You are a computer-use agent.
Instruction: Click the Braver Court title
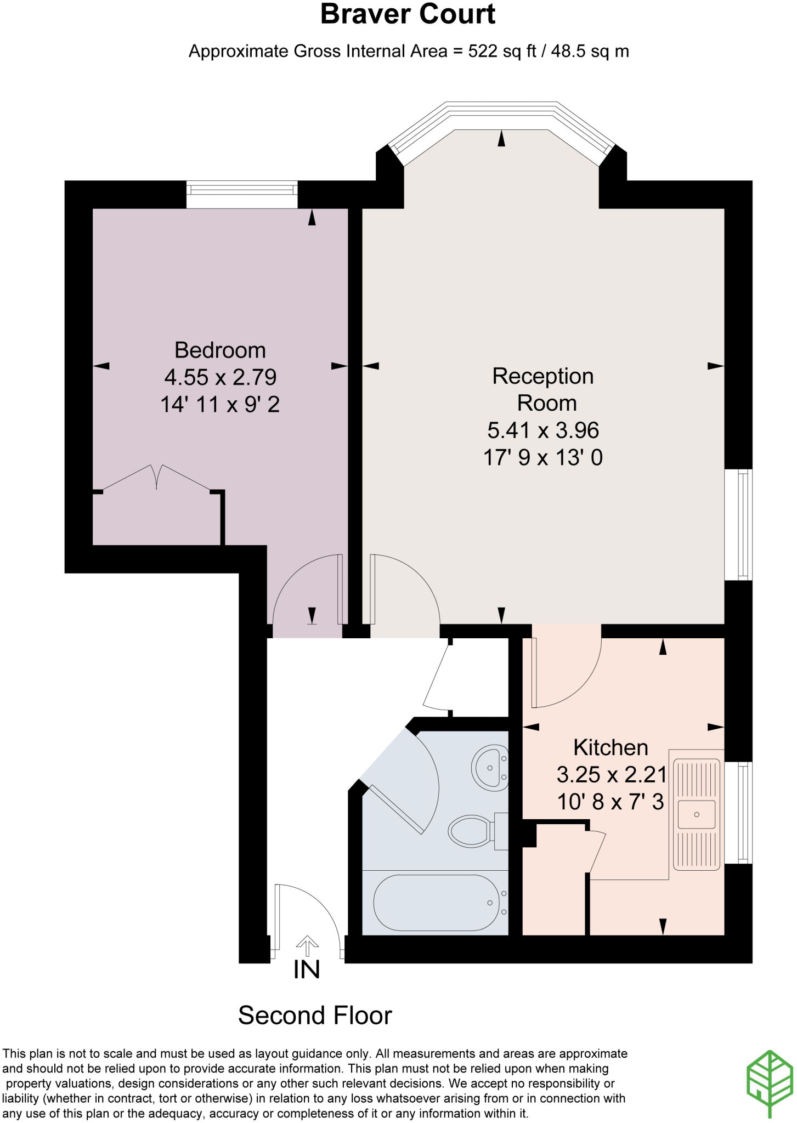tap(408, 15)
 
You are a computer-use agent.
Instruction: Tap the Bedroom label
tap(220, 350)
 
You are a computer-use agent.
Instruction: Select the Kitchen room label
tap(611, 748)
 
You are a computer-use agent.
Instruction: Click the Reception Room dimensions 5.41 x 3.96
tap(543, 430)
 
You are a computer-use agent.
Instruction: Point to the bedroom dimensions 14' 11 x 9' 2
tap(220, 405)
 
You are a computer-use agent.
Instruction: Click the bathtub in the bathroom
tap(437, 903)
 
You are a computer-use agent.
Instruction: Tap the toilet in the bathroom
tap(471, 831)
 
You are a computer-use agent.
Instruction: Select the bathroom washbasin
tap(490, 767)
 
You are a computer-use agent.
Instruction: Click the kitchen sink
tap(697, 814)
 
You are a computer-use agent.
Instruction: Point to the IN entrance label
tap(307, 970)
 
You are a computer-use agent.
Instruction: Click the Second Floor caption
tap(315, 1016)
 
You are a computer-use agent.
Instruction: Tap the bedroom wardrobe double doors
tap(157, 477)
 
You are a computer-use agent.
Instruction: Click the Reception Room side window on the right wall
tap(738, 525)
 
